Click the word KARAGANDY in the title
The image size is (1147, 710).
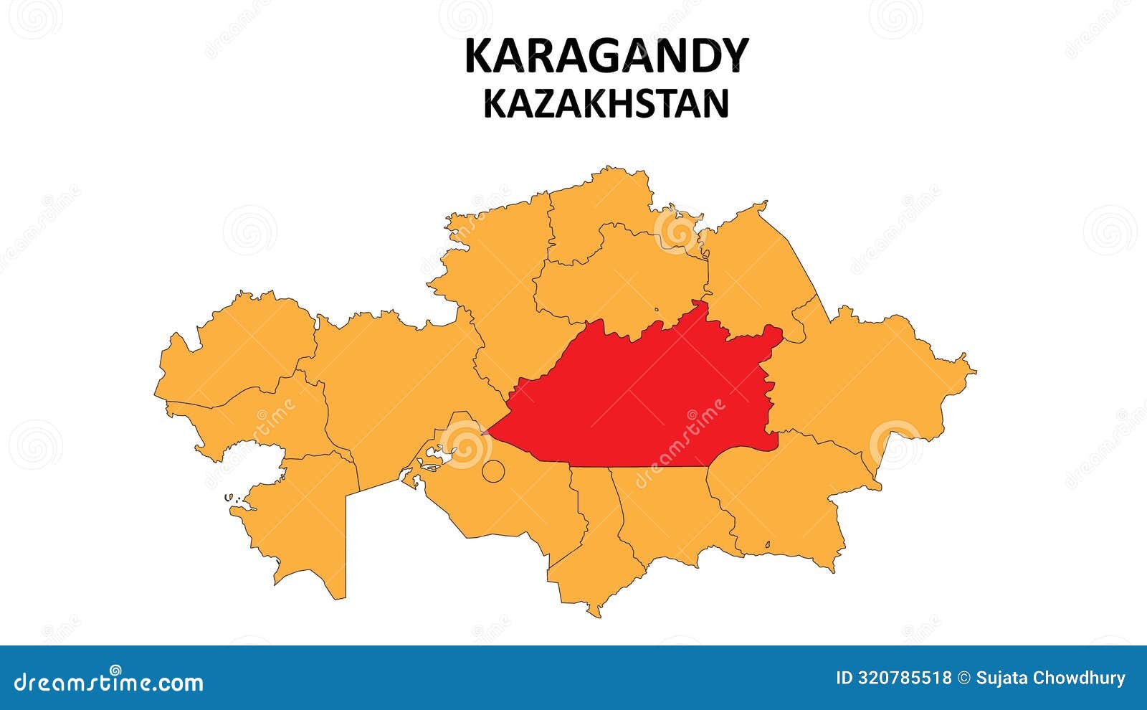coord(606,56)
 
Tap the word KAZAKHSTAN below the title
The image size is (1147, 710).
coord(606,103)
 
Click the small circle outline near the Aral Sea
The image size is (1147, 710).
coord(492,471)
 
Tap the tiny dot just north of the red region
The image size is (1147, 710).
coord(656,311)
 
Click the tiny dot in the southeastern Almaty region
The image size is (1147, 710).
coord(768,544)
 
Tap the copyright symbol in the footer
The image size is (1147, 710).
coord(964,678)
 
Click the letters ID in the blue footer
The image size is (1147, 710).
coord(844,678)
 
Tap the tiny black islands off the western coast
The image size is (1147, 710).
coord(231,497)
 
